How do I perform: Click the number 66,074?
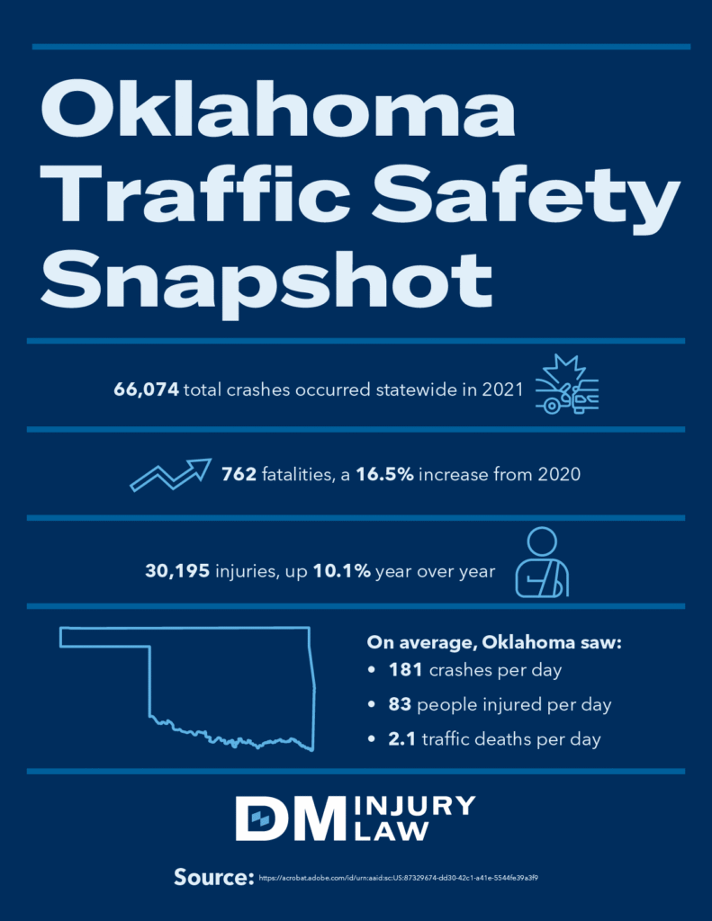point(147,389)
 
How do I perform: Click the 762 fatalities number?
point(239,474)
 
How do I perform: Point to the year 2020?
point(559,474)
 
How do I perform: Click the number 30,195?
point(177,570)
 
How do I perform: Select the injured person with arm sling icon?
point(542,564)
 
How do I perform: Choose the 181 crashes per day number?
point(404,671)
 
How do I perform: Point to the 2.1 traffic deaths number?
point(401,739)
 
